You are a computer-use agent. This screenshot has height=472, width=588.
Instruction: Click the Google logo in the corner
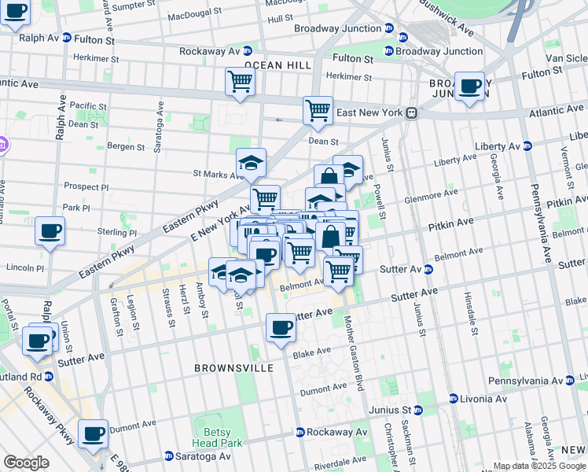point(27,463)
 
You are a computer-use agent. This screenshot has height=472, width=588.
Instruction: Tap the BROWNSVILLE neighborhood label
point(235,368)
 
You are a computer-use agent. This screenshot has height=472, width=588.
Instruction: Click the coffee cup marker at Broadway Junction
point(470,87)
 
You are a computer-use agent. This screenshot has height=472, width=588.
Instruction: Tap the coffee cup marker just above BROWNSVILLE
point(281,327)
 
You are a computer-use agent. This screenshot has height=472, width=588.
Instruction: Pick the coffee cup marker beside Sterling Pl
point(50,231)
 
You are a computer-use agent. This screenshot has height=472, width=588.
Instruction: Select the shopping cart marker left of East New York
point(318,110)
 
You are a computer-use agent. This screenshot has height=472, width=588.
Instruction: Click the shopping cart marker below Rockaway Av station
point(240,80)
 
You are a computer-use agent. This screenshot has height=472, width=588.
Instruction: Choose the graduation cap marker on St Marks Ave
point(251,163)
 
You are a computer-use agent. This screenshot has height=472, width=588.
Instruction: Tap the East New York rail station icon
point(411,113)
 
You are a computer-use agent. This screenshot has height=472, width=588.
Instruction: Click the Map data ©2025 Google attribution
point(539,466)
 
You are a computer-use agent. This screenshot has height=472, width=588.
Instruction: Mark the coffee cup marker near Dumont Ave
point(93,433)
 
